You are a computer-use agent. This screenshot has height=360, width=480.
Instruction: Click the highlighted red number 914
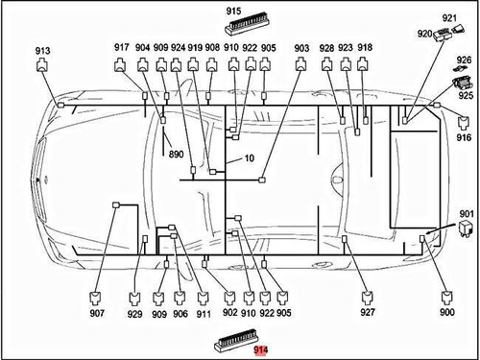point(261,350)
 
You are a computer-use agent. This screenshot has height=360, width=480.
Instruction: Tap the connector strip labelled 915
point(247,25)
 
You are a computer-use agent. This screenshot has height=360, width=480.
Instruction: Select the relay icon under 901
point(466,228)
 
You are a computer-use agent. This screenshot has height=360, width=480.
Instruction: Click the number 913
point(42,51)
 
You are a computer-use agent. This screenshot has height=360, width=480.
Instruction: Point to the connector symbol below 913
point(42,65)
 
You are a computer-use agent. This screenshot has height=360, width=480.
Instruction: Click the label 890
point(176,155)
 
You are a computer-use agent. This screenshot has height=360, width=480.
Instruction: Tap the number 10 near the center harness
point(250,158)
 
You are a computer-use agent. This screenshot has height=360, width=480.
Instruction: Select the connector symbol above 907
point(96,298)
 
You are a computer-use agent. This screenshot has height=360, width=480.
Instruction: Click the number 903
point(301,48)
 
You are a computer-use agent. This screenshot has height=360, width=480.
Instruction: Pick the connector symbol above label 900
point(446,298)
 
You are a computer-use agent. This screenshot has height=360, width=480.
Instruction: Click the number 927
point(368,312)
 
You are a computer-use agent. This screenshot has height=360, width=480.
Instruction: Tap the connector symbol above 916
point(464,123)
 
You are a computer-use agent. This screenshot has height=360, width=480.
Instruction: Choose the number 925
point(466,95)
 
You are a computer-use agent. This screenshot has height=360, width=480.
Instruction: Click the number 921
point(449,18)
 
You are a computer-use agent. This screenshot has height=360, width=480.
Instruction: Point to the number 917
point(122,48)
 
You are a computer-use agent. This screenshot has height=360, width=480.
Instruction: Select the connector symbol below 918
point(362,64)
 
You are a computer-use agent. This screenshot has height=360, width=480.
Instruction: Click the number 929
point(134,314)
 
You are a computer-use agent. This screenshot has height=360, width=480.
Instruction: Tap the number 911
point(204,314)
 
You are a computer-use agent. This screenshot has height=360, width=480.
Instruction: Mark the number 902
point(230,312)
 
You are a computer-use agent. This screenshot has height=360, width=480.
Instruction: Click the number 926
point(464,60)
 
